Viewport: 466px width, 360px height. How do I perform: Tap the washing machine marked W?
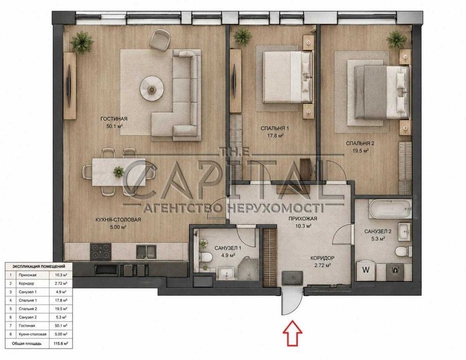(366, 270)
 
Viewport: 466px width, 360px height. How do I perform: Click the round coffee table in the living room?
(152, 88)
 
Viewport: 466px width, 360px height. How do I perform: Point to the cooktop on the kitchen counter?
(101, 251)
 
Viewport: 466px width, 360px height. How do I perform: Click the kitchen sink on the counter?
(146, 251)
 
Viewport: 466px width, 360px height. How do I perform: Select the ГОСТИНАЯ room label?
(114, 119)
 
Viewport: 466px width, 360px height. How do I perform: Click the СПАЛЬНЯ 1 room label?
(275, 129)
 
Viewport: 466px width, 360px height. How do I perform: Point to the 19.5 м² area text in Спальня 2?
(361, 151)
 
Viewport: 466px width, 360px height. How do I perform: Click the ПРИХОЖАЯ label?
(303, 219)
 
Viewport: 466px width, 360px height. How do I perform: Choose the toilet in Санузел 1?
(205, 256)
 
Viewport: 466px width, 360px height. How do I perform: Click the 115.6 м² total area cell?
(61, 344)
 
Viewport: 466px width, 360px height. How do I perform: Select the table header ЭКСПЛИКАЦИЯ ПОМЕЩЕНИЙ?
(39, 266)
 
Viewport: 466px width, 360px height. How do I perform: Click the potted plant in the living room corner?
(82, 42)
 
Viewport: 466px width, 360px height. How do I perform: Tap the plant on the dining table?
(119, 172)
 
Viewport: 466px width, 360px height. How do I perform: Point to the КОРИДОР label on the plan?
(322, 258)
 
